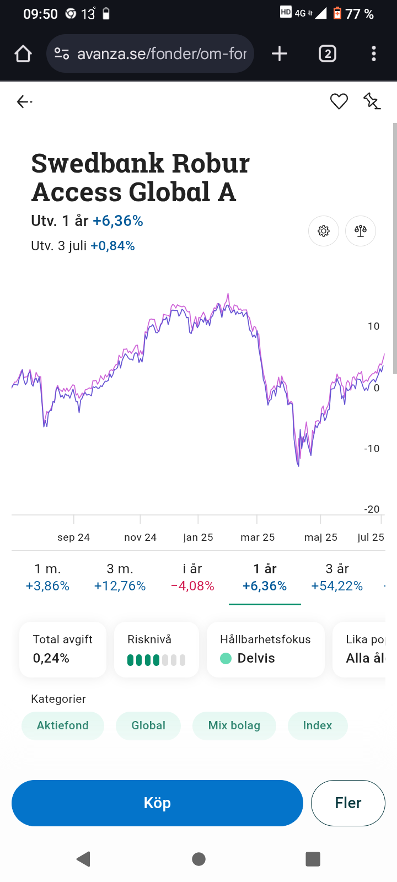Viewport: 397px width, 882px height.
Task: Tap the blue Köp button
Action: click(157, 803)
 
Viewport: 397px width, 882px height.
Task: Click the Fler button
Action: click(348, 803)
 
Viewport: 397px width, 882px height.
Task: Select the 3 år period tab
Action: click(337, 577)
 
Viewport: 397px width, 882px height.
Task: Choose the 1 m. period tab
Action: click(47, 577)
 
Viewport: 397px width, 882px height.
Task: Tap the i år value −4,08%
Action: click(192, 586)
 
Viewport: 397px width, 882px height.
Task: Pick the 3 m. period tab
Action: click(120, 577)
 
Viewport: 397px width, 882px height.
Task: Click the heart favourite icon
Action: click(339, 101)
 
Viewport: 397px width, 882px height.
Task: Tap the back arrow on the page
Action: click(23, 101)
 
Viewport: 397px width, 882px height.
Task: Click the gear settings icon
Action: click(324, 231)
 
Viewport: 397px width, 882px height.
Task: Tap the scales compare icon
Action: click(361, 231)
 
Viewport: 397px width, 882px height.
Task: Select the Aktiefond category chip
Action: click(63, 725)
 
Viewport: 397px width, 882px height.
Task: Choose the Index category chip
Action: click(318, 725)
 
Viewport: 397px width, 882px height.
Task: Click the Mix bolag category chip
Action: click(234, 725)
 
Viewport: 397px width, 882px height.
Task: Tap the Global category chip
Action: click(148, 725)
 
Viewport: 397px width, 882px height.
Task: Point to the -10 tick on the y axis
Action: click(372, 449)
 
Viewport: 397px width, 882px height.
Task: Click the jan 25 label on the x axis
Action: click(198, 537)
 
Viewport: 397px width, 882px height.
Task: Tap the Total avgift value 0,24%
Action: click(51, 658)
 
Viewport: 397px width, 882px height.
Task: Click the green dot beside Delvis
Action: click(226, 658)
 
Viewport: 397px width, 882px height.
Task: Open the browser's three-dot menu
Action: click(374, 53)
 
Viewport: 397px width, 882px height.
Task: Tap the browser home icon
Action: click(23, 53)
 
